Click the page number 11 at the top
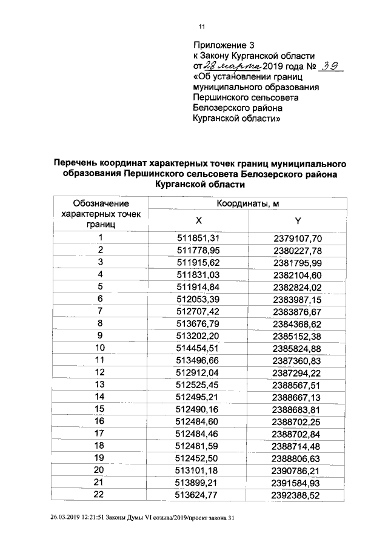click(x=202, y=26)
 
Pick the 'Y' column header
click(x=298, y=220)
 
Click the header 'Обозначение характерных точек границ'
click(x=101, y=213)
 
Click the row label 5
click(x=101, y=286)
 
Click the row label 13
click(x=101, y=385)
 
